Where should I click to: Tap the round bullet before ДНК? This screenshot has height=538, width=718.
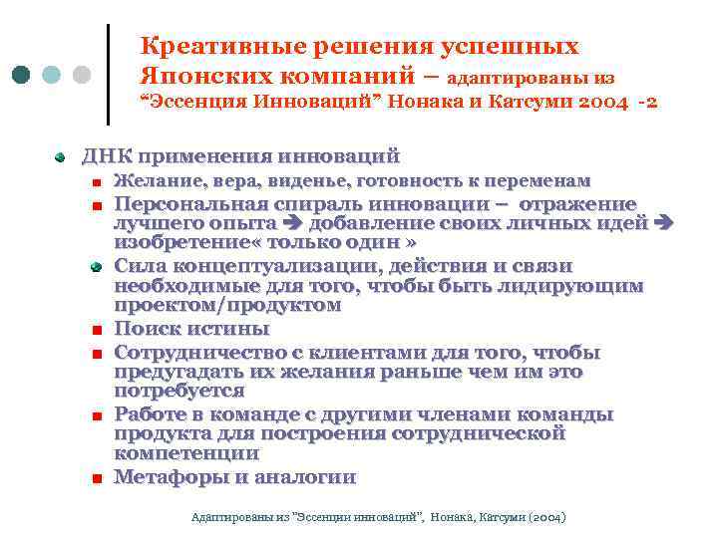click(x=60, y=156)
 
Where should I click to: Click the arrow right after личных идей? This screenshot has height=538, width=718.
click(x=666, y=223)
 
